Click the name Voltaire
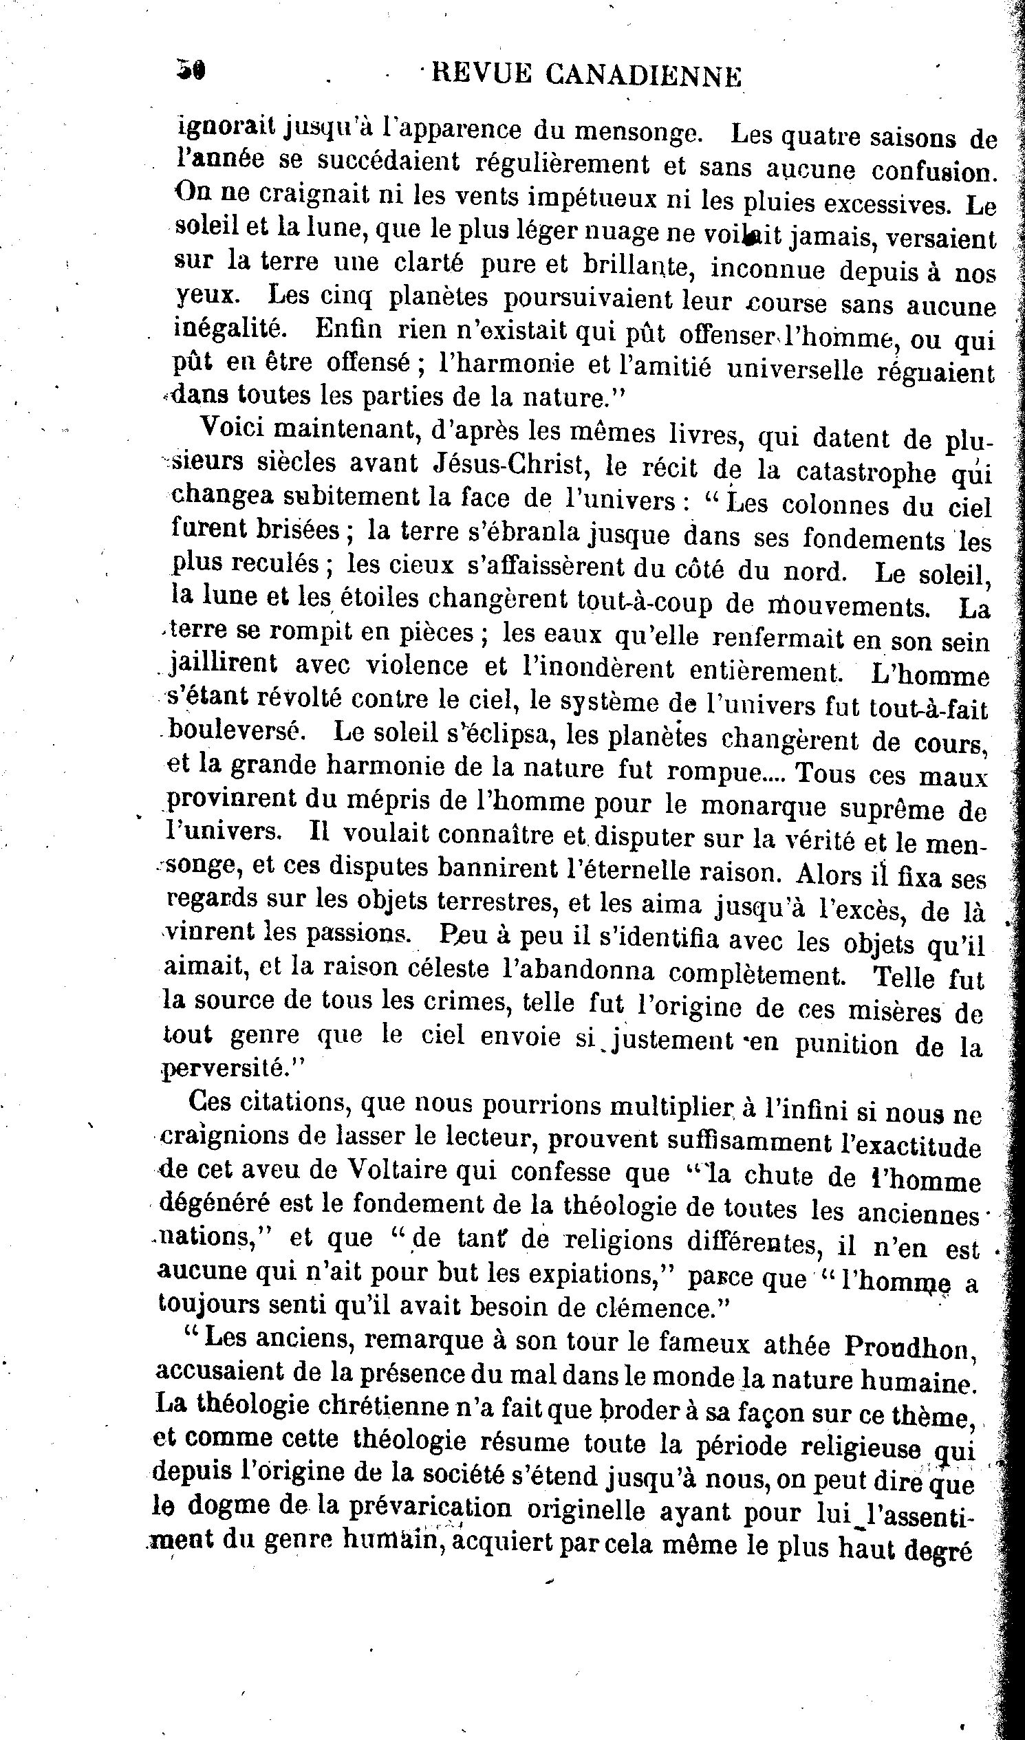click(400, 1171)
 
